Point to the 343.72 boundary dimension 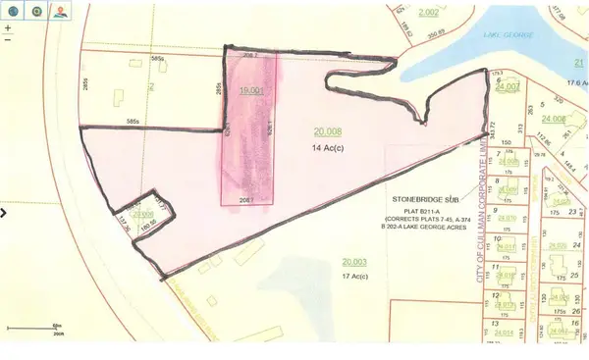[x=492, y=129]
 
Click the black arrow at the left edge [x=4, y=211]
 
